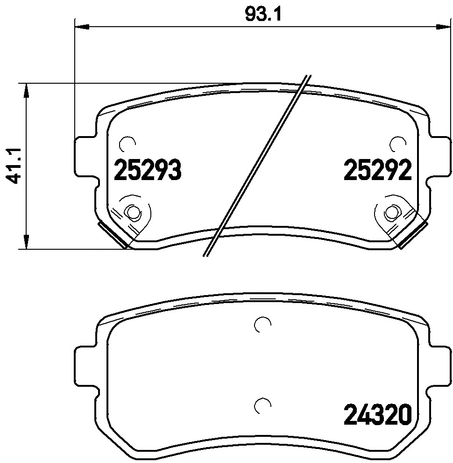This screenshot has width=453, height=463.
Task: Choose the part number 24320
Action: pos(377,414)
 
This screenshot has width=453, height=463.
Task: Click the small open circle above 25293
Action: pos(127,144)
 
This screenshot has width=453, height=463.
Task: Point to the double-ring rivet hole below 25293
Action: pos(134,213)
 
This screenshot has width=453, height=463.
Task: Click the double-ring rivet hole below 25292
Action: pos(390,213)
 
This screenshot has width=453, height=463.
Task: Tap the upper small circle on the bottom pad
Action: pos(262,324)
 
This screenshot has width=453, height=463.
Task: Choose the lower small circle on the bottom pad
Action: pos(262,405)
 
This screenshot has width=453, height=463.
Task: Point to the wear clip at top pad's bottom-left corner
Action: pos(113,234)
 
